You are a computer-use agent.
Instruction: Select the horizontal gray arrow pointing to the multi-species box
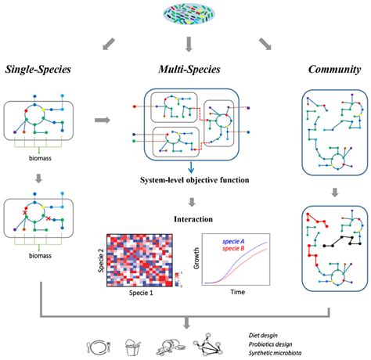[x=101, y=121]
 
